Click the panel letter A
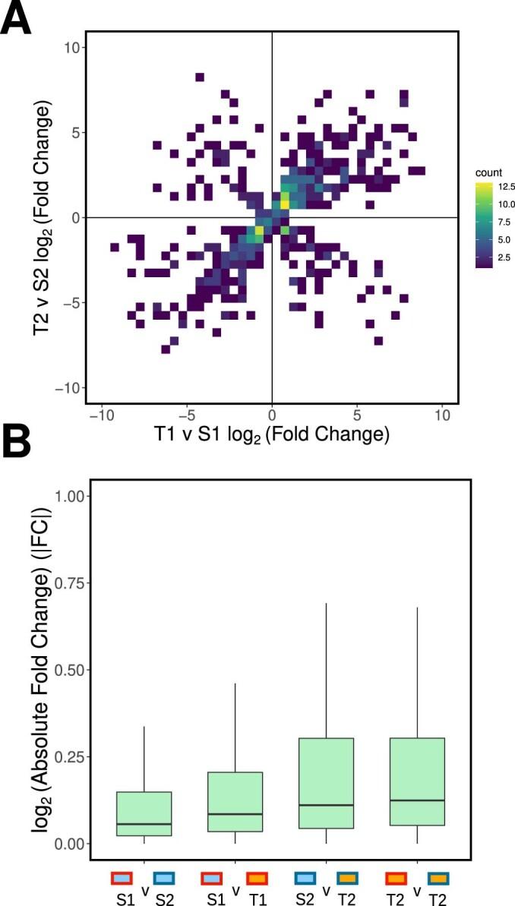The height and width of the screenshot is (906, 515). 16,17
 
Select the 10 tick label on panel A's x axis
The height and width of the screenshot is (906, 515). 441,415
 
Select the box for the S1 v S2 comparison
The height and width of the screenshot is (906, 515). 144,813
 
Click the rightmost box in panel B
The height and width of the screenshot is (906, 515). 417,781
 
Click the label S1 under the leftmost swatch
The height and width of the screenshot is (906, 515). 121,896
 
